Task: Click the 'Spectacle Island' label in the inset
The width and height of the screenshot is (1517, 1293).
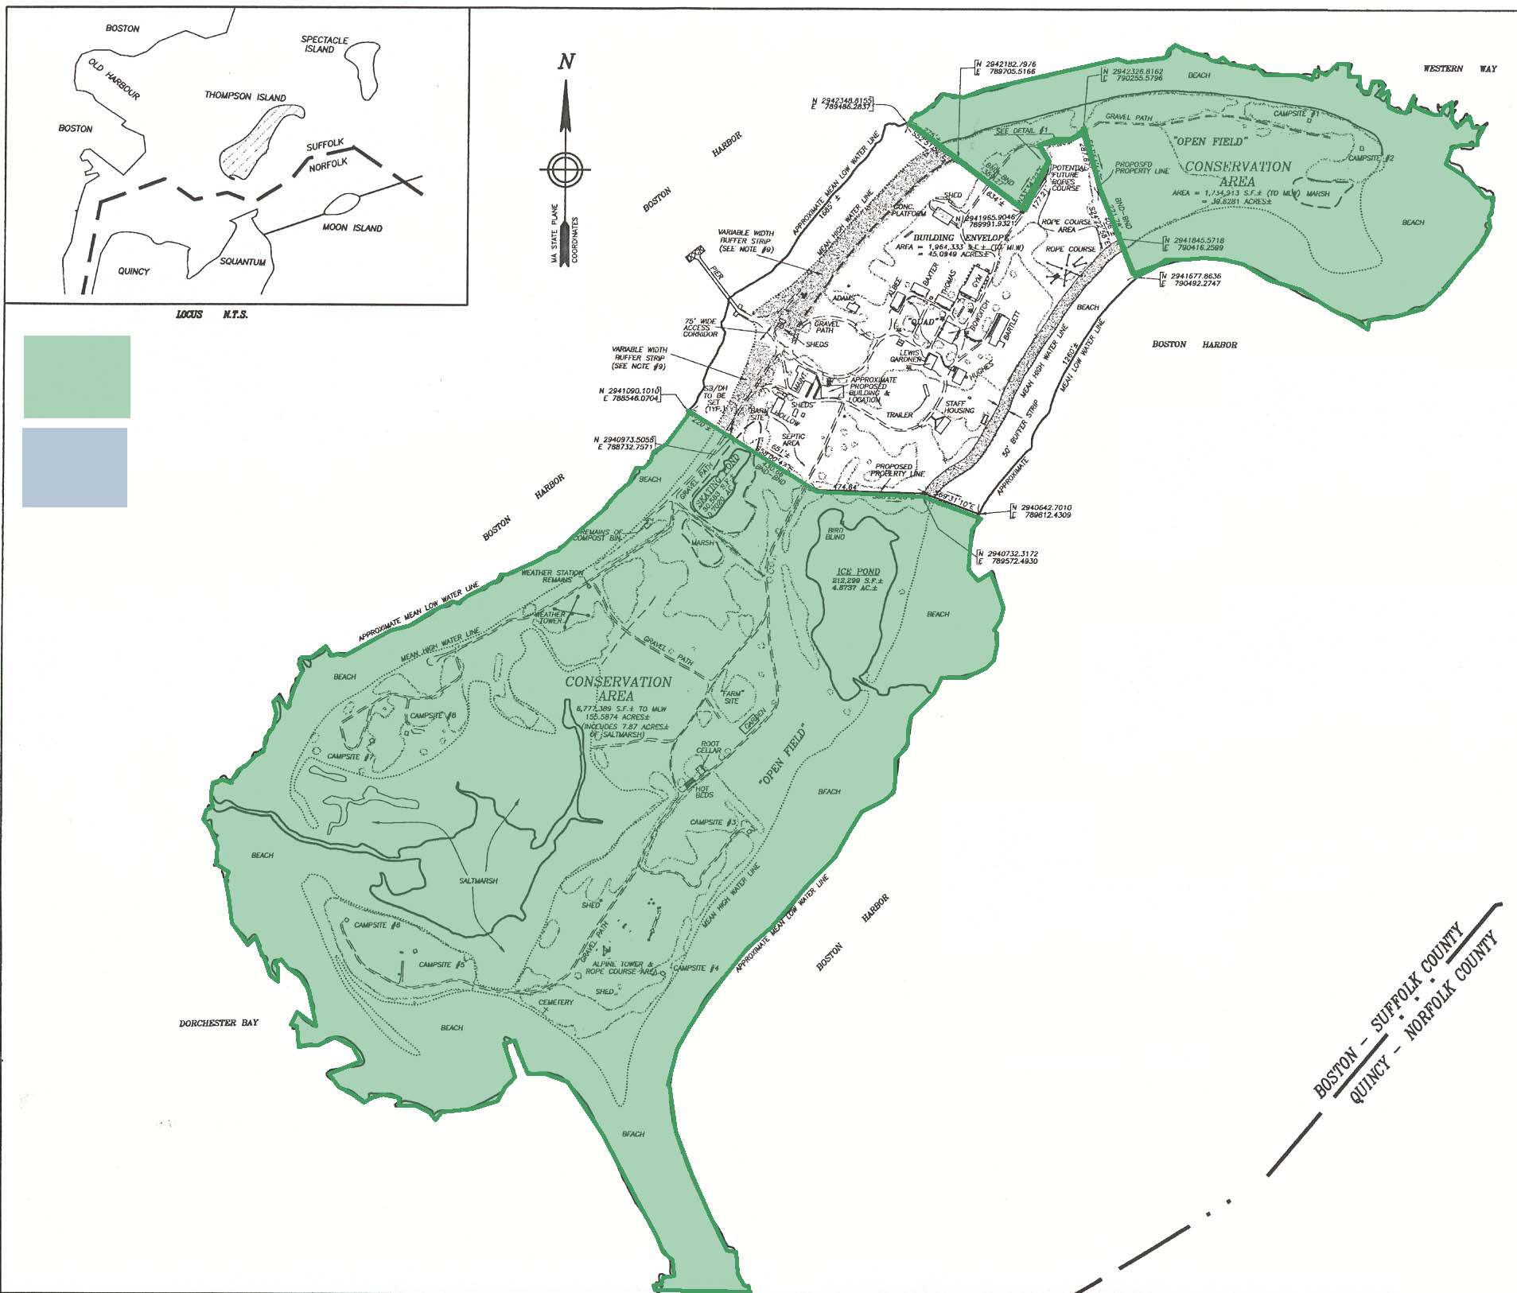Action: click(325, 45)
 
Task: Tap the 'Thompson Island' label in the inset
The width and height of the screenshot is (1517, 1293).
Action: click(245, 96)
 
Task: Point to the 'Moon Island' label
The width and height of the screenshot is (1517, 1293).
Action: click(352, 227)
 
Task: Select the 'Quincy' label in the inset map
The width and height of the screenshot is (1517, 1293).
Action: click(134, 271)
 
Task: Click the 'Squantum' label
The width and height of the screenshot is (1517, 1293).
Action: click(243, 262)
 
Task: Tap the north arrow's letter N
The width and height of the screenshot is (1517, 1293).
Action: click(566, 62)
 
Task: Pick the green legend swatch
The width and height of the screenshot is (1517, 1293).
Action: click(76, 376)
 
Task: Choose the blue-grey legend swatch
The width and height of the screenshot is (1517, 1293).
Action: click(75, 467)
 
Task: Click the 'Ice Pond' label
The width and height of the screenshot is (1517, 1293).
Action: click(858, 571)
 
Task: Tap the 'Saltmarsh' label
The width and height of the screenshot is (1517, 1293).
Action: click(478, 880)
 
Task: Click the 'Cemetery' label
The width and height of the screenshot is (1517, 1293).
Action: click(555, 1002)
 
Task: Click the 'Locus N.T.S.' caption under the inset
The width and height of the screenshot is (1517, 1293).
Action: click(212, 315)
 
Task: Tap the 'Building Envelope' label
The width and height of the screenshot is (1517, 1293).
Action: click(960, 238)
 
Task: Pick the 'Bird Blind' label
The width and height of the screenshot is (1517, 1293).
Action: click(834, 533)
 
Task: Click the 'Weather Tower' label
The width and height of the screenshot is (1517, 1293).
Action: click(550, 617)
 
